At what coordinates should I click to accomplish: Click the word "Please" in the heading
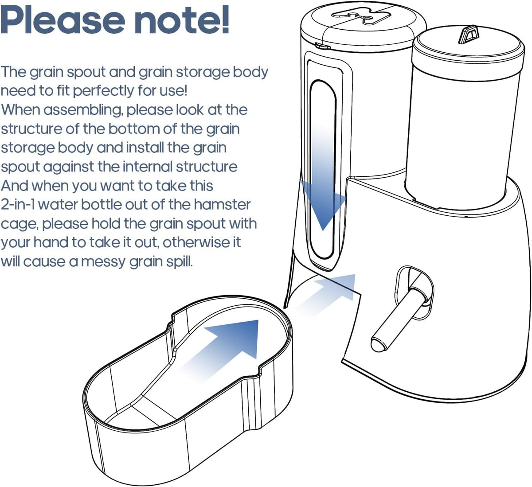click(x=63, y=20)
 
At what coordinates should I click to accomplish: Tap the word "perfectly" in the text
click(x=103, y=91)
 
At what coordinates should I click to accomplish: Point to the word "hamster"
click(x=222, y=204)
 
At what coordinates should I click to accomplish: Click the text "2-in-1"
click(x=18, y=204)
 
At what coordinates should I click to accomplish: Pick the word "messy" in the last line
click(x=103, y=262)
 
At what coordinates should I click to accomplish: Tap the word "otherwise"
click(x=202, y=242)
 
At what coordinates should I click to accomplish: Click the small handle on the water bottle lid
click(x=468, y=34)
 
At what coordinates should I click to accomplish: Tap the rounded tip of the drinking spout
click(x=379, y=345)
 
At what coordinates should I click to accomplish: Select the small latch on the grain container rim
click(x=323, y=46)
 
